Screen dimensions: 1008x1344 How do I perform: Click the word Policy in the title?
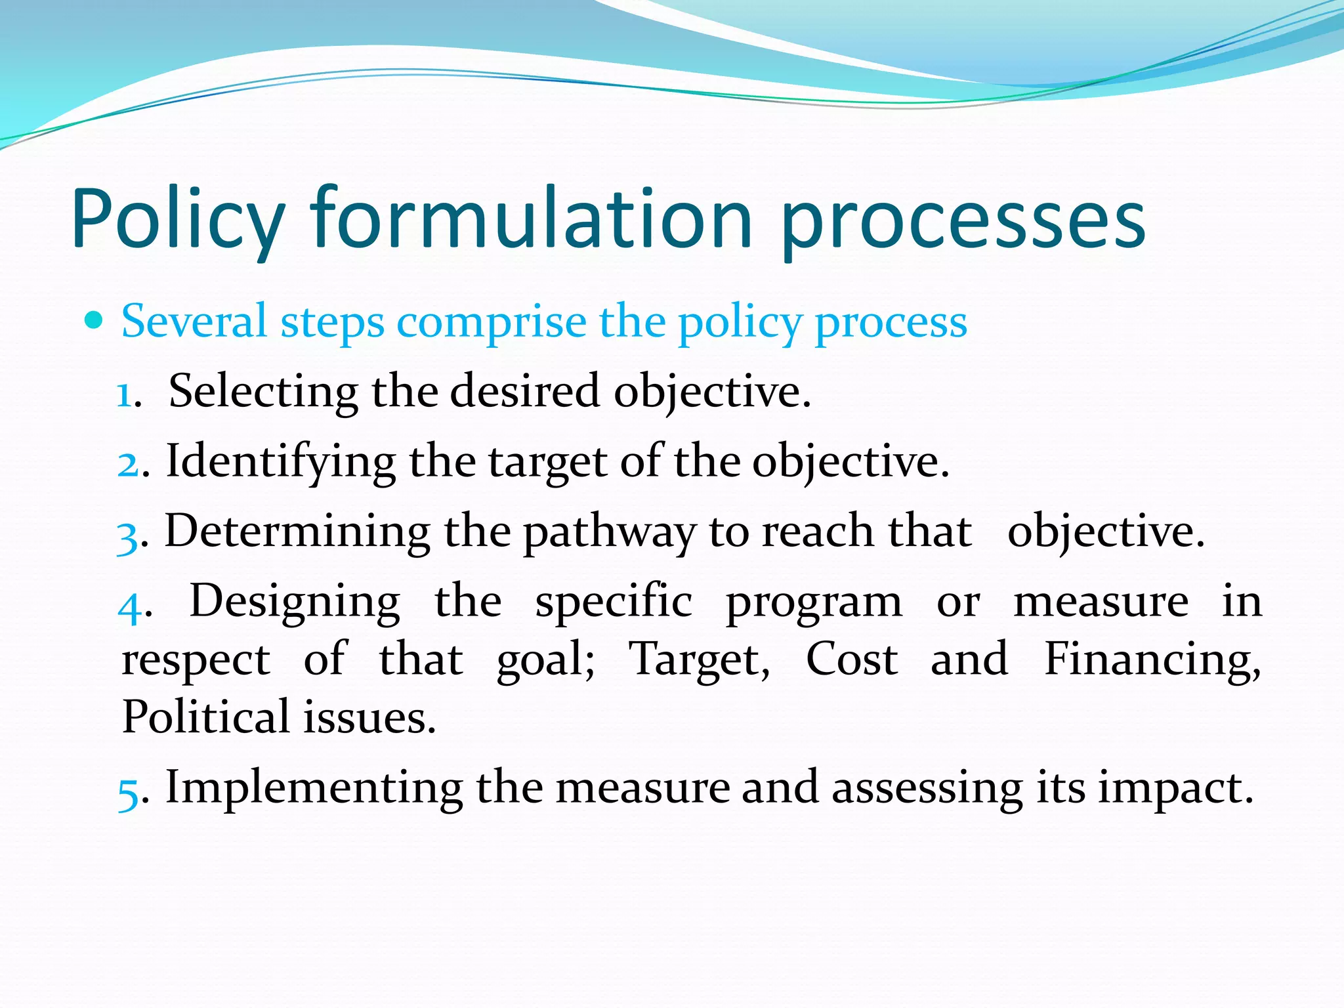(178, 220)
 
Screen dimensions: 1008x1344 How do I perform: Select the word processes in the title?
(963, 223)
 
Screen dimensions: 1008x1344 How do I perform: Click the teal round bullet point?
(94, 320)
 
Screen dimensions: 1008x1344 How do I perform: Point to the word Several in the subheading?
(194, 322)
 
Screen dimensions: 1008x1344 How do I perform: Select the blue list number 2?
(127, 464)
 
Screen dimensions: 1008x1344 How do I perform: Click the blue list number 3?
(127, 536)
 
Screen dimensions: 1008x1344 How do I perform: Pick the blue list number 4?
(129, 606)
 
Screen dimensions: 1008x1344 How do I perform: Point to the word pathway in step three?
(609, 533)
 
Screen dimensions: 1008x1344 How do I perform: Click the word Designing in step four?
(295, 602)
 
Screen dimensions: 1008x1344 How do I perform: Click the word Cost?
(851, 659)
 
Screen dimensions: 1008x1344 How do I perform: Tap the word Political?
(205, 717)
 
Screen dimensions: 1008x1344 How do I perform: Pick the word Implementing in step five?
(314, 788)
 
